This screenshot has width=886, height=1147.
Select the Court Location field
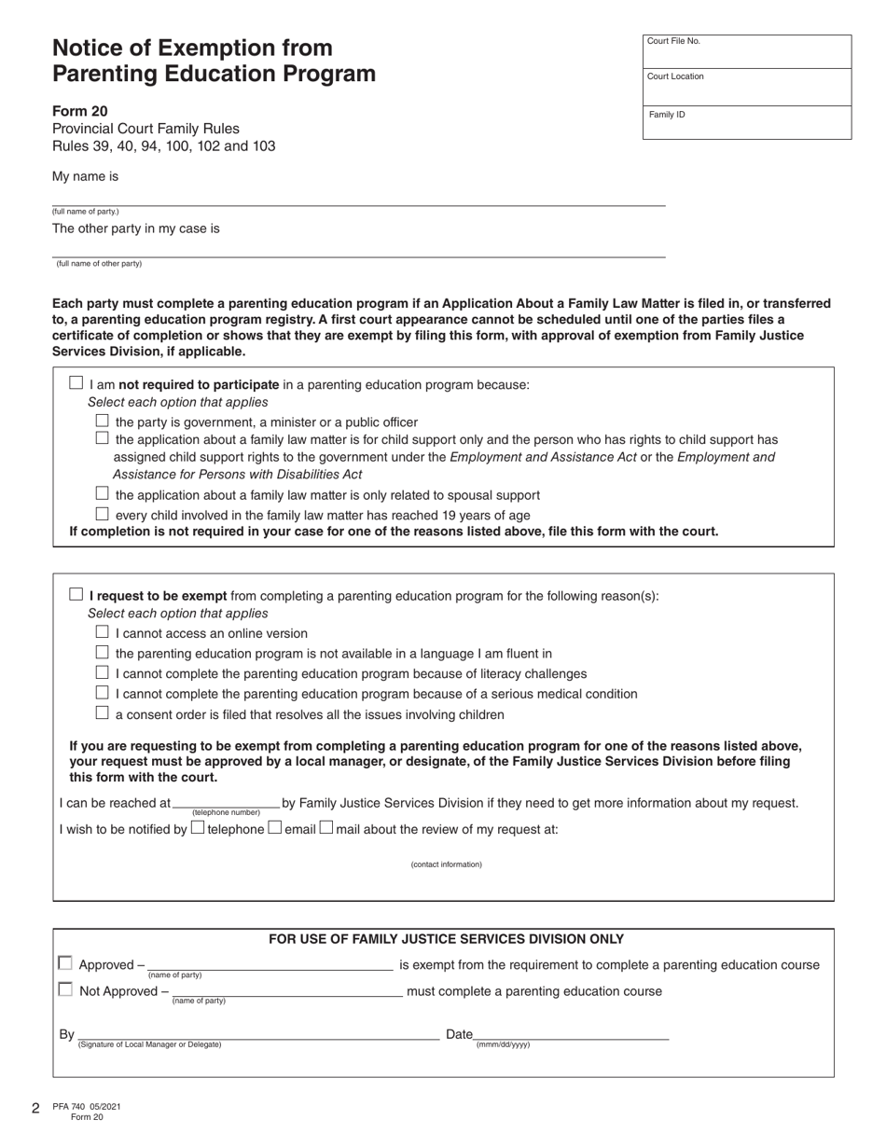point(746,89)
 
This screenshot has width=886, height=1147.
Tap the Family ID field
point(746,124)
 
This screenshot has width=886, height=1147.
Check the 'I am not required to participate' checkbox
point(76,383)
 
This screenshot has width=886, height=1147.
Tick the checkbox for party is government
point(103,421)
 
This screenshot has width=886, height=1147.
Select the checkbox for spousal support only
point(103,494)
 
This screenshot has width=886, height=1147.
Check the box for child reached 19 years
point(103,515)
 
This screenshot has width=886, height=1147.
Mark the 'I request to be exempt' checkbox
point(76,595)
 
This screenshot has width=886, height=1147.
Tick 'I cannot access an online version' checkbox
point(103,632)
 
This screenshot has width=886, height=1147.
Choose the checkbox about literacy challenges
point(103,672)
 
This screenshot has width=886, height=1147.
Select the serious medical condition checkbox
point(103,693)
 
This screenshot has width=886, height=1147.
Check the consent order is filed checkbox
point(103,713)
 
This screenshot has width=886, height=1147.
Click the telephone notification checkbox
point(197,827)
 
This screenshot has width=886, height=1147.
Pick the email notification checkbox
point(274,827)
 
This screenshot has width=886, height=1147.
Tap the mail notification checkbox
point(326,827)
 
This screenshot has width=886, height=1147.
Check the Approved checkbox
point(65,963)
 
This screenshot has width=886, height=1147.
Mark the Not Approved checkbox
point(65,990)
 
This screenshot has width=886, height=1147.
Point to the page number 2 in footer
point(35,1109)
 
